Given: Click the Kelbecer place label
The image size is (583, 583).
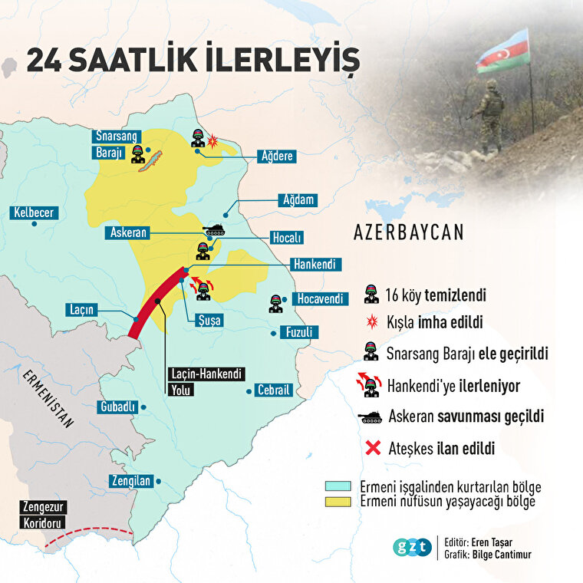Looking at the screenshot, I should click(34, 212).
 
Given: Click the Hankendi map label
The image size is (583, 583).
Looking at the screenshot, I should click(313, 264).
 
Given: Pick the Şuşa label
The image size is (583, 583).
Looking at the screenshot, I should click(209, 321).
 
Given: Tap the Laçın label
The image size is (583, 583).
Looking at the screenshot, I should click(81, 310).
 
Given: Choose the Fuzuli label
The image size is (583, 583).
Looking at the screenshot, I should click(304, 333).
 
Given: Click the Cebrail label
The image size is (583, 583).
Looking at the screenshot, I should click(274, 390).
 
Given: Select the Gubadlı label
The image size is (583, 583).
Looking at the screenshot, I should click(117, 407).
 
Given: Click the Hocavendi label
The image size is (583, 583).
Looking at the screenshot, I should click(320, 299).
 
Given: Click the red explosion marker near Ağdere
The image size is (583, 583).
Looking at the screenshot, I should click(214, 141).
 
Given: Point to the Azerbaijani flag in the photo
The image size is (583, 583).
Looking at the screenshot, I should click(503, 52).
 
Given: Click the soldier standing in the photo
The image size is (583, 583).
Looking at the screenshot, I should click(489, 115).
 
